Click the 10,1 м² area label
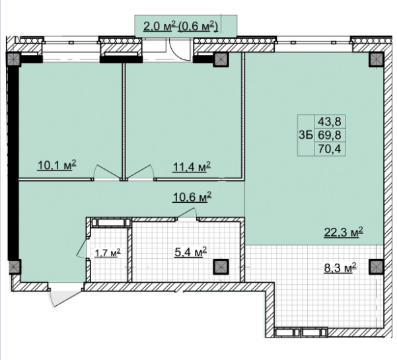click(57, 165)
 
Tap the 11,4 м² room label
click(192, 167)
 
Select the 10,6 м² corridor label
click(192, 197)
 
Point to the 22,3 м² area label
click(343, 233)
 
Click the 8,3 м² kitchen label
click(340, 268)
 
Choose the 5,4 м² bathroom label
click(191, 252)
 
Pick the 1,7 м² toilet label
click(108, 252)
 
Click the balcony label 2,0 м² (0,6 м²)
click(181, 26)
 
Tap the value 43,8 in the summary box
click(330, 122)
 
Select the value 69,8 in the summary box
click(330, 135)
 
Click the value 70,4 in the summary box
click(330, 149)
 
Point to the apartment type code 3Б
click(306, 135)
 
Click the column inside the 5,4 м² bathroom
click(221, 267)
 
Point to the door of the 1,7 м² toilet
click(82, 248)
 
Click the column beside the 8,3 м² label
click(377, 267)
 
